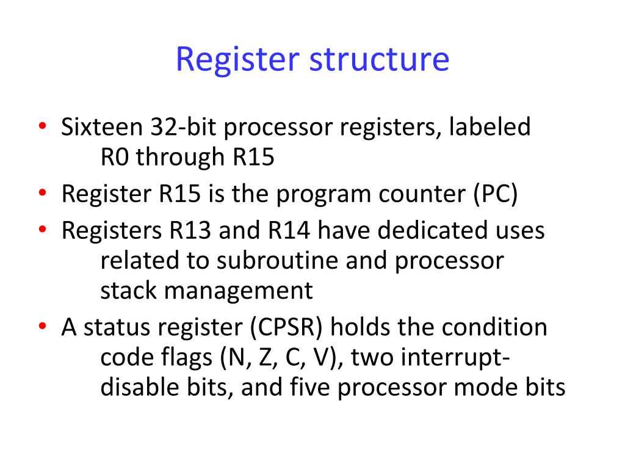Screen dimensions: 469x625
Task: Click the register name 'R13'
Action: (x=183, y=231)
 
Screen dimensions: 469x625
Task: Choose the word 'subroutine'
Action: (x=264, y=261)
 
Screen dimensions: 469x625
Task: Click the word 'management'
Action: (x=237, y=291)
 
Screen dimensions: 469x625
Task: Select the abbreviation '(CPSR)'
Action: (x=287, y=327)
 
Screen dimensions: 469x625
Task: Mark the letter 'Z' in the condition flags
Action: (x=264, y=358)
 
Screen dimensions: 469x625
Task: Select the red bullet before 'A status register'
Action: (x=42, y=327)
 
